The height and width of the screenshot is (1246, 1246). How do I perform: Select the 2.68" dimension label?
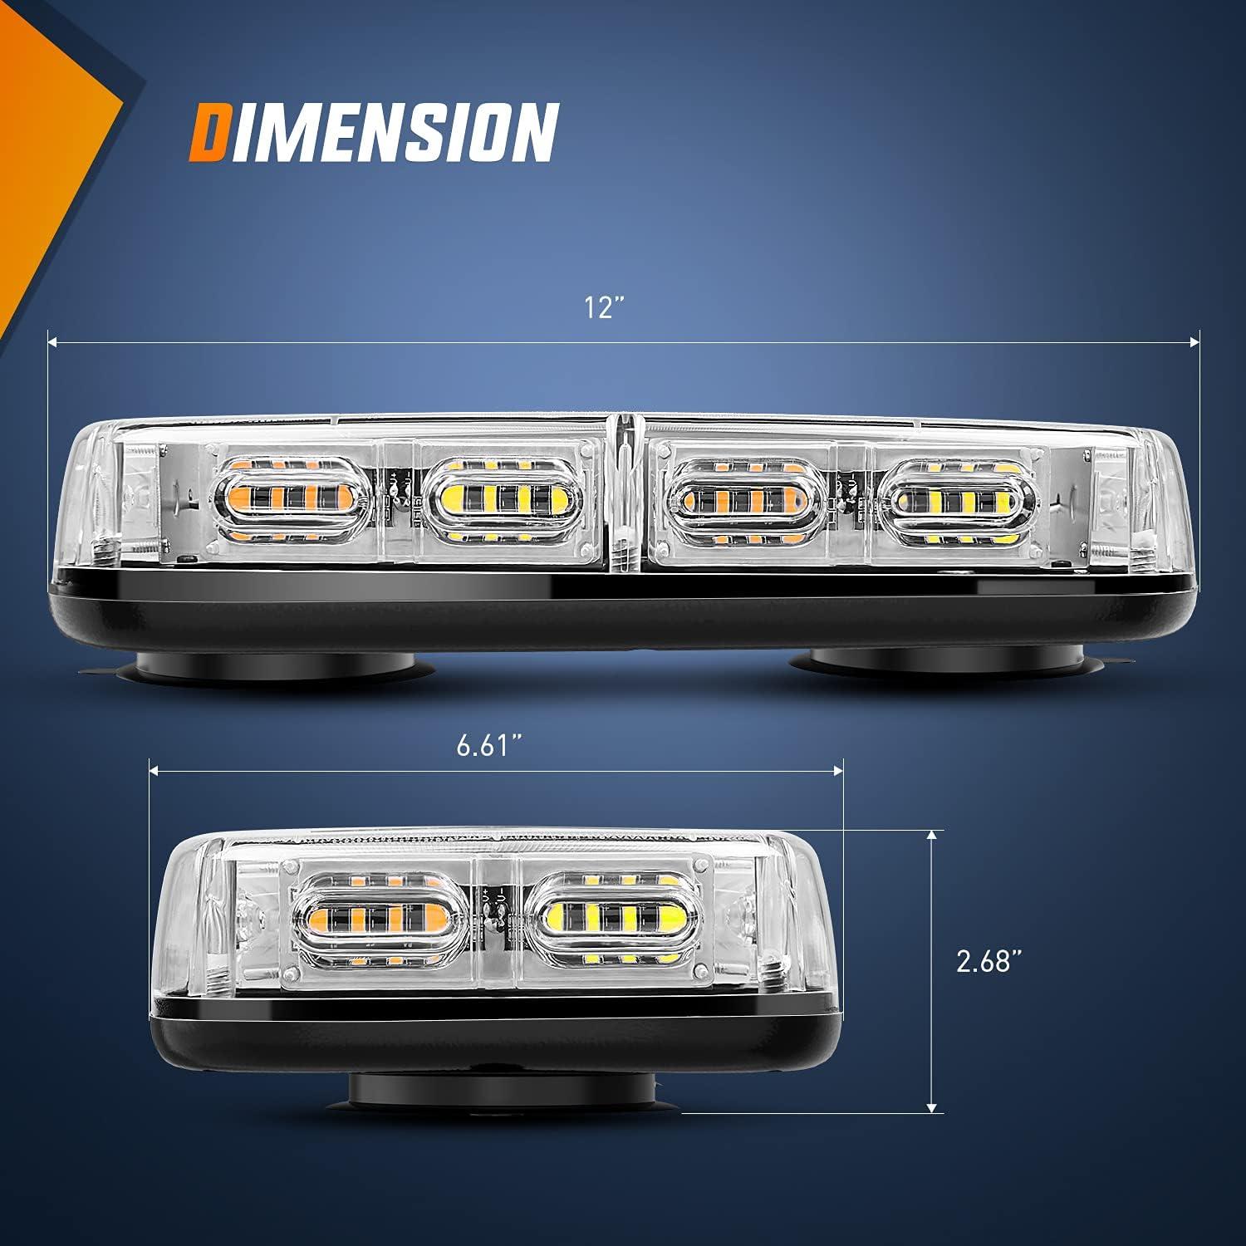(988, 962)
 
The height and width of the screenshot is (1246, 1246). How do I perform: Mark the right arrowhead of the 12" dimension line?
(1195, 341)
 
